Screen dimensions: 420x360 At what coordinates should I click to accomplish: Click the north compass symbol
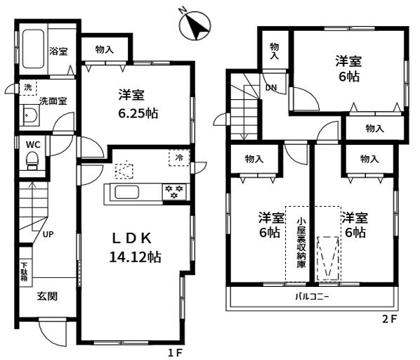[195, 25]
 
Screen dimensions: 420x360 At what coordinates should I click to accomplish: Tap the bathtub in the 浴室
[33, 49]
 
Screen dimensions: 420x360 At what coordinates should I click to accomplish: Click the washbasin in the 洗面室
[32, 115]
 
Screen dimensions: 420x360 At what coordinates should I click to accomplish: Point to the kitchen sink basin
[126, 193]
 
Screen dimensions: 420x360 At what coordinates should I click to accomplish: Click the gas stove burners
[174, 192]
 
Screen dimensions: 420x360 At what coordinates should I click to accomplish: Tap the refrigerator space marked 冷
[179, 158]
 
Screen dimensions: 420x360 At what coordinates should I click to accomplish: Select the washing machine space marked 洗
[28, 87]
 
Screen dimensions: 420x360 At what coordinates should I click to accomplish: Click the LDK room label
[131, 238]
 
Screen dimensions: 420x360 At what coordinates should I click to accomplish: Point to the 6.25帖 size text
[138, 113]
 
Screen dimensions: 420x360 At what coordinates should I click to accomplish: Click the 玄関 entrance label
[47, 296]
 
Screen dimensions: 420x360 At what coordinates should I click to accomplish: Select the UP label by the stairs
[48, 234]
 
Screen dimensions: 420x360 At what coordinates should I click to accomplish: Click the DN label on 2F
[271, 88]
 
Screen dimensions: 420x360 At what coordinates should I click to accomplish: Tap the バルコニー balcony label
[312, 297]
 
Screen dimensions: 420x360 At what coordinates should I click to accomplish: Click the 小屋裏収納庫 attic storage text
[301, 243]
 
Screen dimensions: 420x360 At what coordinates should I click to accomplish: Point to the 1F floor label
[175, 353]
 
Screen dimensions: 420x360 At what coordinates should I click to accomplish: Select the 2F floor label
[390, 319]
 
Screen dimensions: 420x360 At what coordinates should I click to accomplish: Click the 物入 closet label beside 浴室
[104, 49]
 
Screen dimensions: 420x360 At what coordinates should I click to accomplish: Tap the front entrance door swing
[52, 333]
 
